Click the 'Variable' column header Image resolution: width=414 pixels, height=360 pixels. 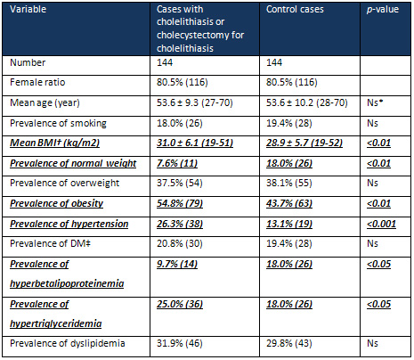[x=28, y=9]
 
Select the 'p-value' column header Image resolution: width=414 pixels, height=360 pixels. [x=383, y=9]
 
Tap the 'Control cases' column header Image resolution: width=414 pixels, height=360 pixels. [x=295, y=9]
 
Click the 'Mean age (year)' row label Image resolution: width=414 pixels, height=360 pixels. [x=45, y=102]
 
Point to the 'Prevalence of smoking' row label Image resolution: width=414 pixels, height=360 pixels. [x=58, y=123]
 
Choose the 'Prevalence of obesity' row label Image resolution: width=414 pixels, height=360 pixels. [x=57, y=203]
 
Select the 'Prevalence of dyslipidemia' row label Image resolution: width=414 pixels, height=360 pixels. [x=68, y=343]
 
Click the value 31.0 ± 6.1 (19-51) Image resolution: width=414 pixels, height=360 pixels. [x=195, y=143]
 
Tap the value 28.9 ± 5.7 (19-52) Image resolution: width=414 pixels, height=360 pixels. [x=304, y=143]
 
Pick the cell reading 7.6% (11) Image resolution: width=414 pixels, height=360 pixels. [x=177, y=163]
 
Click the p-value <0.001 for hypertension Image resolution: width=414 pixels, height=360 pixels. [x=381, y=224]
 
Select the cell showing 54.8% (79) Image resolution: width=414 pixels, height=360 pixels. [x=180, y=203]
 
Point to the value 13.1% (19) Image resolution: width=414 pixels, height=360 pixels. [x=289, y=224]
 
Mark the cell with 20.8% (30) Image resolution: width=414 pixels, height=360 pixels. [x=180, y=244]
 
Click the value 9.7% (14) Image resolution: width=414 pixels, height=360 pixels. [x=177, y=264]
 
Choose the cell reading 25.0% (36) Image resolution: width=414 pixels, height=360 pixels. [x=180, y=304]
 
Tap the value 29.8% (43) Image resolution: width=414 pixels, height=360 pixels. [x=289, y=343]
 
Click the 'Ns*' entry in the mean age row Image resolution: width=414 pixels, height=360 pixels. [x=375, y=102]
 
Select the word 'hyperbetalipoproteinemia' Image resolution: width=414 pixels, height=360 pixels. [x=67, y=283]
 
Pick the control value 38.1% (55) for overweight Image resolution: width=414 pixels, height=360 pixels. [x=289, y=183]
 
